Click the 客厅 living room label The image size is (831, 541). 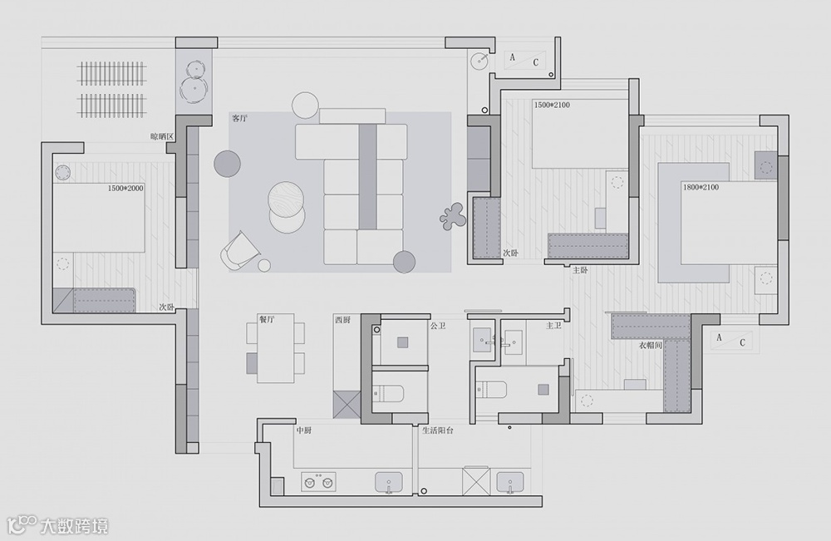click(x=240, y=120)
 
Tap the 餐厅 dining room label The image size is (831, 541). click(x=267, y=318)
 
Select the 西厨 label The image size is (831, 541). click(x=342, y=319)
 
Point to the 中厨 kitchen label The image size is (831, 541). click(x=304, y=430)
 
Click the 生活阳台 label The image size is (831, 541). click(x=437, y=430)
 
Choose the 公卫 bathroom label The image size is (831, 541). click(x=438, y=326)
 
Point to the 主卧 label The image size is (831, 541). click(x=581, y=270)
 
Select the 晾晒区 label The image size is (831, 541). click(x=161, y=135)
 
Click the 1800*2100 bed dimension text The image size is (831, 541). click(x=700, y=188)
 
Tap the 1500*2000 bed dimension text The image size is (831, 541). click(x=125, y=189)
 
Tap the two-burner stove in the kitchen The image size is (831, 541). click(x=318, y=482)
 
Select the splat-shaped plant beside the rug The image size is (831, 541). click(x=452, y=216)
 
